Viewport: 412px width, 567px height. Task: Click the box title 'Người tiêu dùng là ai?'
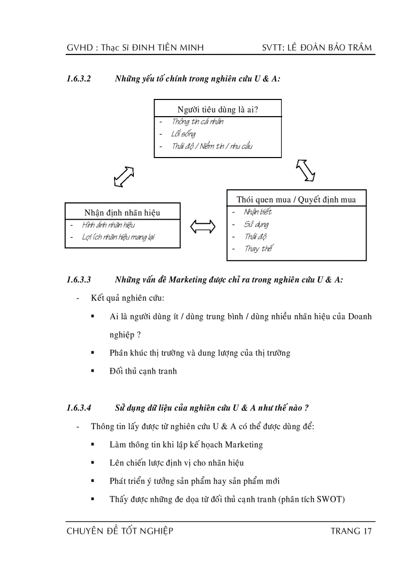[x=218, y=110]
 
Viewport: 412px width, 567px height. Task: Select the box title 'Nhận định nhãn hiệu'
[x=122, y=213]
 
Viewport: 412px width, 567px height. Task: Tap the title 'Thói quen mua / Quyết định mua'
[x=296, y=199]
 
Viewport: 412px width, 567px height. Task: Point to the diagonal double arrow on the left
[x=124, y=176]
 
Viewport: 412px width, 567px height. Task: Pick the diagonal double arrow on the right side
[x=305, y=170]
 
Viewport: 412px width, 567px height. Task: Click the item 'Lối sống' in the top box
[x=183, y=134]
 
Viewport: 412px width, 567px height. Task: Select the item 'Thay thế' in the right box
[x=259, y=249]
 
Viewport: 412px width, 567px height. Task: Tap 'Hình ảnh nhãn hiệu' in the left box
[x=109, y=225]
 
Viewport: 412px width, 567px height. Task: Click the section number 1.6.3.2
[x=78, y=79]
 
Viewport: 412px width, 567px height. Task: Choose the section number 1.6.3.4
[x=78, y=408]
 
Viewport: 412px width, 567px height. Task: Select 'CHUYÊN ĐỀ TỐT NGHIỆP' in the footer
[x=120, y=531]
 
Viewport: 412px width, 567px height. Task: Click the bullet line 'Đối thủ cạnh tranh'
[x=143, y=371]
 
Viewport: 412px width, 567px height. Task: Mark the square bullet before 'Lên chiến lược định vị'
[x=93, y=462]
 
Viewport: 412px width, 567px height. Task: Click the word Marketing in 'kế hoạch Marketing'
[x=243, y=445]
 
